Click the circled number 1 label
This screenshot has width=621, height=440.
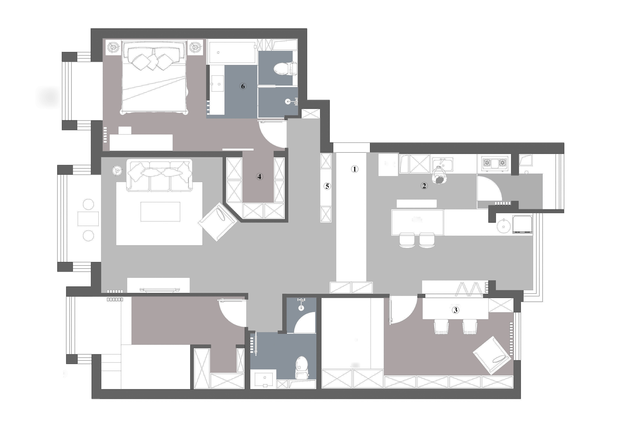pyautogui.click(x=354, y=169)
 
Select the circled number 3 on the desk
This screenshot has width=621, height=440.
pyautogui.click(x=455, y=310)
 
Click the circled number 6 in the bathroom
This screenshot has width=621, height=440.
pyautogui.click(x=243, y=86)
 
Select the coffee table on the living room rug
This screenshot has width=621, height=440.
pyautogui.click(x=160, y=212)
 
